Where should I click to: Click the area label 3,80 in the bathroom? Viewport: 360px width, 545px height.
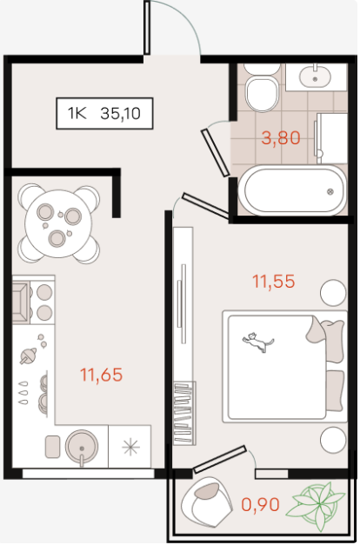pyautogui.click(x=281, y=138)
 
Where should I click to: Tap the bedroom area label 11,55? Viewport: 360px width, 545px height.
pyautogui.click(x=274, y=282)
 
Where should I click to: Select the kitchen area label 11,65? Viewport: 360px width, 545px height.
pyautogui.click(x=101, y=375)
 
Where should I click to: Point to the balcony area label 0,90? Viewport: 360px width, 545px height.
pyautogui.click(x=261, y=505)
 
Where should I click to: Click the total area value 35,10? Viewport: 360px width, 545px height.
pyautogui.click(x=120, y=114)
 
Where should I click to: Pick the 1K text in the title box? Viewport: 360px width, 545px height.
pyautogui.click(x=77, y=114)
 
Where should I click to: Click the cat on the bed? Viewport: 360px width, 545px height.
pyautogui.click(x=258, y=342)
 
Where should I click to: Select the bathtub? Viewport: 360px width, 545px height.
pyautogui.click(x=292, y=190)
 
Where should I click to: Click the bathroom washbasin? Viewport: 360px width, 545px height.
pyautogui.click(x=315, y=76)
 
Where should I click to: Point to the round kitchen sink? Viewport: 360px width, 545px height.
pyautogui.click(x=82, y=447)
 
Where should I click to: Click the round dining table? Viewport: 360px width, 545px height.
pyautogui.click(x=58, y=224)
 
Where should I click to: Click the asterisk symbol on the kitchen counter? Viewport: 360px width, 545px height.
pyautogui.click(x=130, y=446)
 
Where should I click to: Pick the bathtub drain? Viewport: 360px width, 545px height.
pyautogui.click(x=330, y=191)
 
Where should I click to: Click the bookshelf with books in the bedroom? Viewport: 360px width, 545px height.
pyautogui.click(x=184, y=413)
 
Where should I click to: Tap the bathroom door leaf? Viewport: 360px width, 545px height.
pyautogui.click(x=216, y=153)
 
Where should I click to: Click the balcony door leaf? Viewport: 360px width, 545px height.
pyautogui.click(x=220, y=460)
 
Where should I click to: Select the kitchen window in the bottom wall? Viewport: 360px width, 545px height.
pyautogui.click(x=89, y=474)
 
